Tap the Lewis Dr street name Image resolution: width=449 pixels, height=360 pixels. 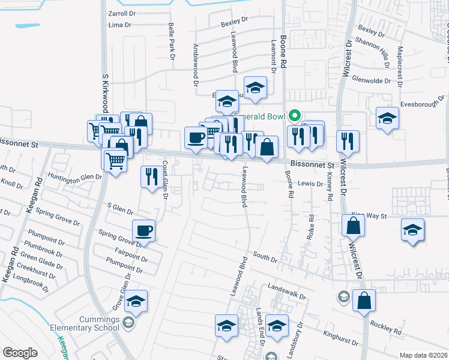310,184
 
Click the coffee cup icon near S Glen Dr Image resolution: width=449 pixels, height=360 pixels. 144,230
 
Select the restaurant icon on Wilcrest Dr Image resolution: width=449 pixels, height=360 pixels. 348,142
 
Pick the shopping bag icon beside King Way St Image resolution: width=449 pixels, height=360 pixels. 353,226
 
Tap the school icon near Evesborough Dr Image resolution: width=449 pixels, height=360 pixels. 387,118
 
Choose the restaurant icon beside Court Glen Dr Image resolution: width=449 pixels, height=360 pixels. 151,176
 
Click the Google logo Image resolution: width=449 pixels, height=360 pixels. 20,353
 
